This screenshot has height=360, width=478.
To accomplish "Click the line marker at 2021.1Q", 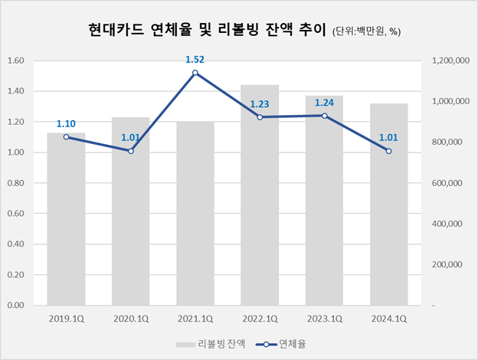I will coord(195,73).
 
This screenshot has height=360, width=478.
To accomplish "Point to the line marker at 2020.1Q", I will coord(131,151).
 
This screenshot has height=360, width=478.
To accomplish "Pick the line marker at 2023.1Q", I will coord(325,116).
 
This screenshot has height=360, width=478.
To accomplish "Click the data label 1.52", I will coord(195,58).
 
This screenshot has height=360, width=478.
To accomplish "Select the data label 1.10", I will coord(66,123).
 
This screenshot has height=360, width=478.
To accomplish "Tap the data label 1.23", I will coord(260,103).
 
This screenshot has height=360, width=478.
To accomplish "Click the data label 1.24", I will coord(325,101).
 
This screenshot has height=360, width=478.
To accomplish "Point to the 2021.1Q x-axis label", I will coord(195,318).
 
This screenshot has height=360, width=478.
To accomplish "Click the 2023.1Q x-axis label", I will coord(325,318).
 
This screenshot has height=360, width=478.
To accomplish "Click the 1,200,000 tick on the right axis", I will coord(450,61).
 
